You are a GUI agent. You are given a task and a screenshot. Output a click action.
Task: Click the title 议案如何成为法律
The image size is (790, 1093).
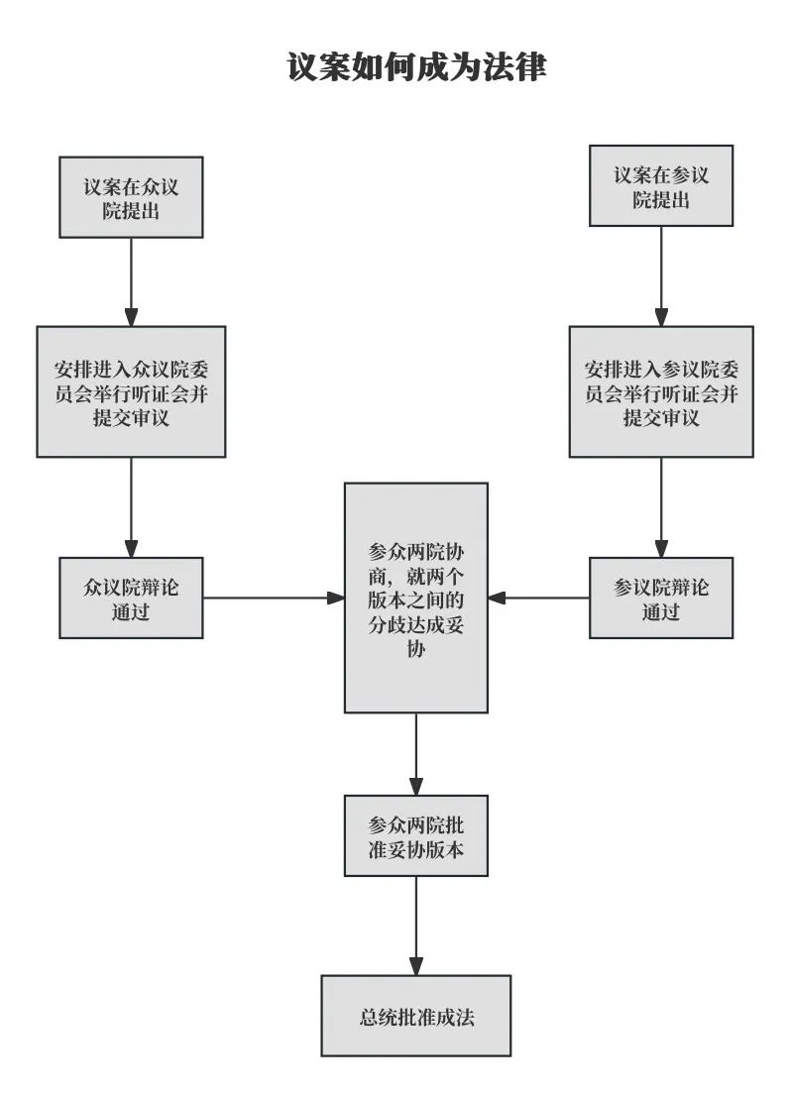tap(416, 67)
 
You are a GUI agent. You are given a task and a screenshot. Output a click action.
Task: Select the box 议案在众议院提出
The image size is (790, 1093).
tap(131, 197)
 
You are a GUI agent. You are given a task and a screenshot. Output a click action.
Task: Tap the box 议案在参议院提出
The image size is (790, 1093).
tap(661, 186)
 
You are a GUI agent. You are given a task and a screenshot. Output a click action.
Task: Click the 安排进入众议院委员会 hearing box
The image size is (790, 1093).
tap(131, 391)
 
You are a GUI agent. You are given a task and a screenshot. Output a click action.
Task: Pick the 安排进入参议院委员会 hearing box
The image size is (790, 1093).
tap(661, 391)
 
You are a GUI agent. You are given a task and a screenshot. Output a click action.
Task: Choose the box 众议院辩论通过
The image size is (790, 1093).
tap(131, 598)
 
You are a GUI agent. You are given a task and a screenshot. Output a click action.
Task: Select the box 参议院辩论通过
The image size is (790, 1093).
tap(661, 598)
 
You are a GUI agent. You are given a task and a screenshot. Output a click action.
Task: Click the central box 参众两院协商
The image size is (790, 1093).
tap(416, 598)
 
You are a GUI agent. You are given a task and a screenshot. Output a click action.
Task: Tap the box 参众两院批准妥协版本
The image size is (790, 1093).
tap(416, 835)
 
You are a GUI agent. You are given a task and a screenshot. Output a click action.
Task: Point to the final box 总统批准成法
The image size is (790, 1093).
tap(416, 1016)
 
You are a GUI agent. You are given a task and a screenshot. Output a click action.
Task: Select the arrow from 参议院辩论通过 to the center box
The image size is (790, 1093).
tap(539, 598)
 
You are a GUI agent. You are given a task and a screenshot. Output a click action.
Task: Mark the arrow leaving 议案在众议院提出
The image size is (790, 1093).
tap(131, 281)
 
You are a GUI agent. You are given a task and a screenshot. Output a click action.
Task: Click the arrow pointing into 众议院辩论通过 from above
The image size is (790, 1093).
tap(131, 507)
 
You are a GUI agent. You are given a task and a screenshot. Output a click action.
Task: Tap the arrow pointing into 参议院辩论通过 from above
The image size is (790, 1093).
tap(661, 507)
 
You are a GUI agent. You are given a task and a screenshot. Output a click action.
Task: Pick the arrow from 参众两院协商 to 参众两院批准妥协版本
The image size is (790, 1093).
tap(416, 753)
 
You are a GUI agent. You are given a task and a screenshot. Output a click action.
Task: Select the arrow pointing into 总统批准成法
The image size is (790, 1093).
tap(416, 926)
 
